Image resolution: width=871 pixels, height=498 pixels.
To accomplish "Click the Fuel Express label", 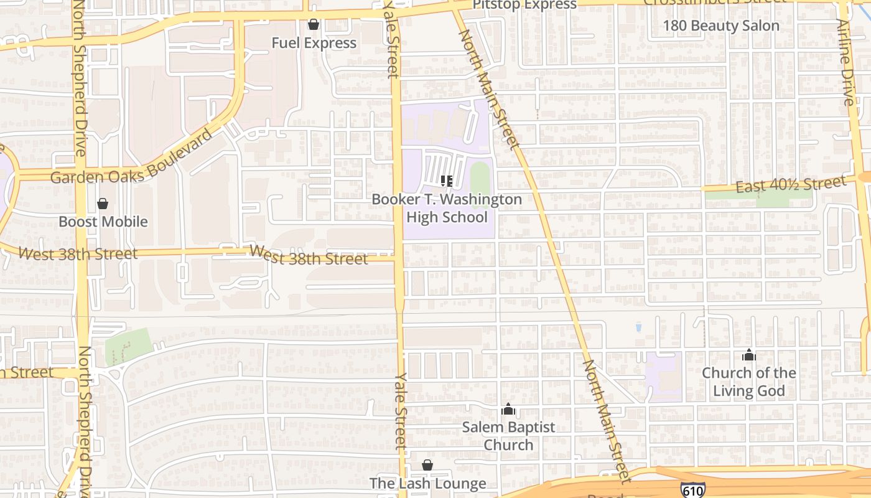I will (314, 43).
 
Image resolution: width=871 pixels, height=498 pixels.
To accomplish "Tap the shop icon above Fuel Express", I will (314, 25).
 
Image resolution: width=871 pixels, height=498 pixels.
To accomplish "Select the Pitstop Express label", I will (524, 5).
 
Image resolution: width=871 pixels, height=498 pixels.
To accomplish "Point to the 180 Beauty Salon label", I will (720, 26).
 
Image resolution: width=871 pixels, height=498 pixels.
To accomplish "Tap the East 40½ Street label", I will (791, 184).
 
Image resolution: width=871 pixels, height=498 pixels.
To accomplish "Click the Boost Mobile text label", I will (103, 222).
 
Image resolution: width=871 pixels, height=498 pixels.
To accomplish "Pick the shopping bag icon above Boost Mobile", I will (103, 204).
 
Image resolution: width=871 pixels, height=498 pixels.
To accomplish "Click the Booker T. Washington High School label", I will (447, 208).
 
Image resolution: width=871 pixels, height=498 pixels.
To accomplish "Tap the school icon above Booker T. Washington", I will (446, 181).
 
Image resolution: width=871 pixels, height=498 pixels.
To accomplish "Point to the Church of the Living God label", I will (748, 382).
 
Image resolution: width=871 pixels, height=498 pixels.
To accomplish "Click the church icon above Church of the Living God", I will (749, 355).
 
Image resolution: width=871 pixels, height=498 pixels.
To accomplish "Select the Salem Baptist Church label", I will (508, 436).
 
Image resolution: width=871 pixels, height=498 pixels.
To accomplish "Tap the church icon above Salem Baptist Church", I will (508, 410).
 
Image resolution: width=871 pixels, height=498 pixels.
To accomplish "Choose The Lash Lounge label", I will (427, 484).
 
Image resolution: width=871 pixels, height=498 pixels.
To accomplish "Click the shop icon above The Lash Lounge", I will (427, 465).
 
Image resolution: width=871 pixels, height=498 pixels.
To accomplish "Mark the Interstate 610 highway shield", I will (692, 491).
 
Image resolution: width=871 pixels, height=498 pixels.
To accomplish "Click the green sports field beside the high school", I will (480, 180).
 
